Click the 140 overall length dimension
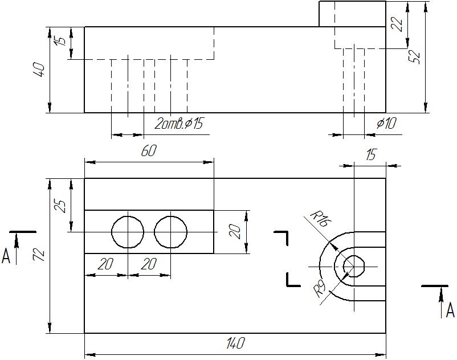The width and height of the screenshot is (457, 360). (x=235, y=343)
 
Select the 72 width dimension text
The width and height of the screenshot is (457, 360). (x=39, y=255)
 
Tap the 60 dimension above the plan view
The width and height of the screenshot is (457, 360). (x=149, y=151)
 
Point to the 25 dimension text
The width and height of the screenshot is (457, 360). (x=60, y=206)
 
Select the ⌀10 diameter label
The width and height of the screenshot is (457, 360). (x=386, y=124)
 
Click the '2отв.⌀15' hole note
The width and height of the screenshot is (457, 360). (x=178, y=124)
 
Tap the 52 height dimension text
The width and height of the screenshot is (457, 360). (x=414, y=58)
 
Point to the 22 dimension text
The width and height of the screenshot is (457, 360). (x=397, y=24)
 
